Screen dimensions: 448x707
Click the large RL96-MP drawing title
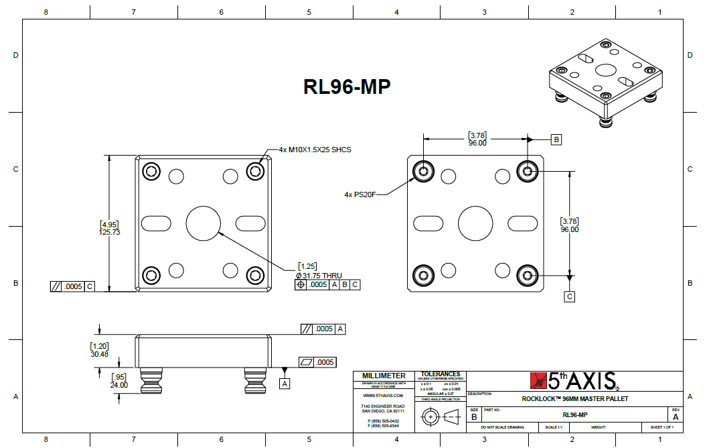[x=347, y=87]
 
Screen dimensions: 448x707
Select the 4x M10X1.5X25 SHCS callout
[x=315, y=150]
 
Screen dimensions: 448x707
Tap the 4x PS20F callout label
[x=360, y=194]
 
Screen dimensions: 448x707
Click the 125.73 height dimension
[x=110, y=232]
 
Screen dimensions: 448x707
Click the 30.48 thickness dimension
[x=99, y=354]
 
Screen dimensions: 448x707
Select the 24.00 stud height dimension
[x=119, y=385]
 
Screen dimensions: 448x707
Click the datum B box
[x=556, y=139]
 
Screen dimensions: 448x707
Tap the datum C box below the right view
[x=570, y=296]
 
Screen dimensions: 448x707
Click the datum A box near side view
[x=285, y=384]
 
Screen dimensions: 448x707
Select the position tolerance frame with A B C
[x=327, y=284]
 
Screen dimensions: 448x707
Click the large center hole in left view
[x=204, y=223]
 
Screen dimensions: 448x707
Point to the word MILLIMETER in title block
[x=384, y=376]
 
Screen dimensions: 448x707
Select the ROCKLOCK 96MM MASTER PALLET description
[x=574, y=399]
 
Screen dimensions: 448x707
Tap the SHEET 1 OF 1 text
[x=661, y=427]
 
